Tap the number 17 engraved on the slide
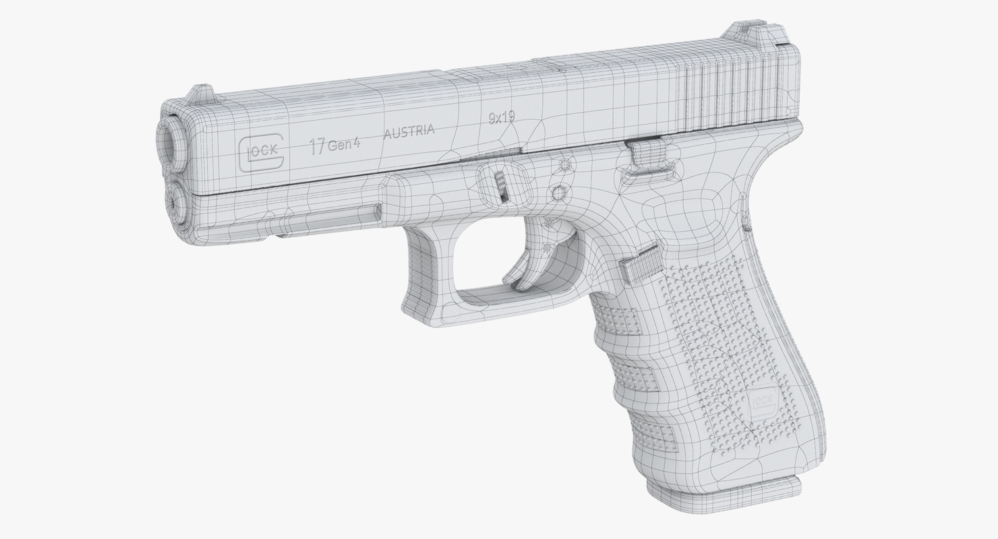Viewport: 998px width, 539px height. [x=317, y=146]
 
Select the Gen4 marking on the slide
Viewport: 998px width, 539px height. [x=344, y=144]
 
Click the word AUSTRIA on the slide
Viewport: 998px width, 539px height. [x=409, y=131]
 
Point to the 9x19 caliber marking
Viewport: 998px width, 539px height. [x=502, y=117]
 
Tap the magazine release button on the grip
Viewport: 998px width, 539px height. [x=640, y=263]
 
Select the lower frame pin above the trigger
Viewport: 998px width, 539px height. [x=558, y=194]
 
